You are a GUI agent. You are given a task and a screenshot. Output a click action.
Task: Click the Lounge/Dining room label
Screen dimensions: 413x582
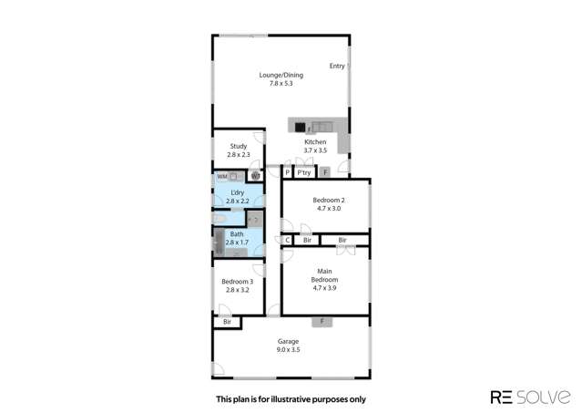(280, 75)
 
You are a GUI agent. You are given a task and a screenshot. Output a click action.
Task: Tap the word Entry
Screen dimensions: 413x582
(337, 66)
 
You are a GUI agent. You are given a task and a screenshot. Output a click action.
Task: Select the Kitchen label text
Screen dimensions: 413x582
(315, 143)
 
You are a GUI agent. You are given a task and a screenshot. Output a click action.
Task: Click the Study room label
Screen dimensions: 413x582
(239, 146)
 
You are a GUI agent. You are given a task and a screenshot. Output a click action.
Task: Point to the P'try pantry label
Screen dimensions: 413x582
(303, 171)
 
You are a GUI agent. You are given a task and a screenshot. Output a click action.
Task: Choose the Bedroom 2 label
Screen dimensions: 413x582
(329, 200)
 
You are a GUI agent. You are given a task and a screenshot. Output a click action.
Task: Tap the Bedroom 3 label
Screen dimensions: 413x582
(237, 282)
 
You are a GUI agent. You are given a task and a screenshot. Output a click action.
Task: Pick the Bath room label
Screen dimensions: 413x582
(237, 234)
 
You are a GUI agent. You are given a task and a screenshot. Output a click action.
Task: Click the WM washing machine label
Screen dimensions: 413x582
(221, 176)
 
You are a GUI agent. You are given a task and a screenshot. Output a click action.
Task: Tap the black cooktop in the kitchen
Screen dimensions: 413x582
(300, 128)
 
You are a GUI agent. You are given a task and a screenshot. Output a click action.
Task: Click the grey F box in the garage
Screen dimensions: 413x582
(321, 321)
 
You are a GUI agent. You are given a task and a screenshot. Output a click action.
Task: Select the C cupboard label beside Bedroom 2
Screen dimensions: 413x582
(287, 240)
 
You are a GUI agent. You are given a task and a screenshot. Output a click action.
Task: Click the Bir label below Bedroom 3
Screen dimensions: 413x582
(227, 322)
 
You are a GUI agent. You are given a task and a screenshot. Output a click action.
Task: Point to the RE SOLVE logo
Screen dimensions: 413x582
(530, 398)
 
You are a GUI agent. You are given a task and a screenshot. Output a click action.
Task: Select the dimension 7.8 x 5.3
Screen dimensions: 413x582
(280, 84)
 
